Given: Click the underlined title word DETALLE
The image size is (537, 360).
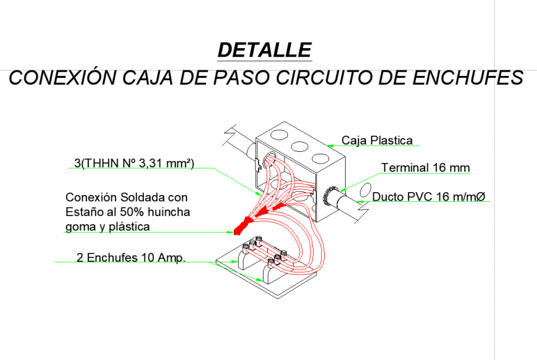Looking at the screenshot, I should pos(265,50).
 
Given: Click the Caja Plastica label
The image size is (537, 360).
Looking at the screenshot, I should pos(377,140).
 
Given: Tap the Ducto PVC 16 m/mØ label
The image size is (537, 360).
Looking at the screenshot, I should pos(429,197).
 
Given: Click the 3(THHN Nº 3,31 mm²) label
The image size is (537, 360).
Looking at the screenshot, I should pos(134,163).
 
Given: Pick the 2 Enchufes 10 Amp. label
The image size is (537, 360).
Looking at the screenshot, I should pos(131,257).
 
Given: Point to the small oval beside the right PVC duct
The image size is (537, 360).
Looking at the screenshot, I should pos(365,188).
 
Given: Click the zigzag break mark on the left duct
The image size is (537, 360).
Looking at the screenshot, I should pos(230,133).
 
